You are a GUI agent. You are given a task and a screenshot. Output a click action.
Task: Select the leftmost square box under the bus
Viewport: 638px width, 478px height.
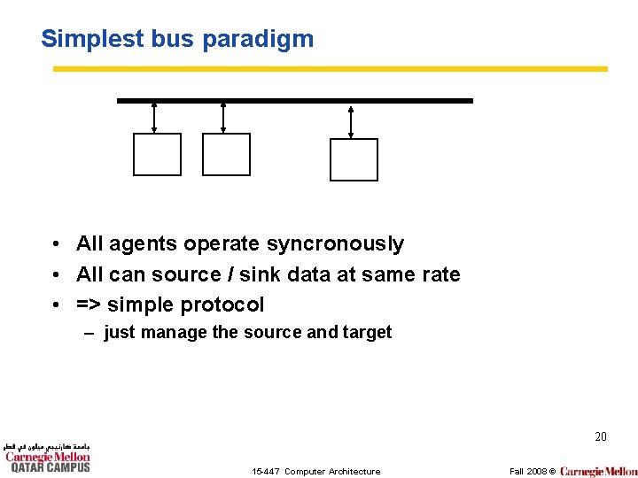coord(157,154)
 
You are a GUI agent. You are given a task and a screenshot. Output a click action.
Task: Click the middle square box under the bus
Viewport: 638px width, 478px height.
coord(226,154)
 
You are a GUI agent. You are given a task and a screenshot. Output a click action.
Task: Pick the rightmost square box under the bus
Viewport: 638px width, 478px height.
coord(354,159)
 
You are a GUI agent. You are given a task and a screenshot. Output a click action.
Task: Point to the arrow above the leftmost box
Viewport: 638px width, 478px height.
coord(154,118)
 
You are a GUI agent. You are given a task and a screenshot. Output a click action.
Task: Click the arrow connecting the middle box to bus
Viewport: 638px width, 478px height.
coord(223,118)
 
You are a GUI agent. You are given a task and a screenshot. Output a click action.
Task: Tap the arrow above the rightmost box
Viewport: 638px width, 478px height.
coord(351,121)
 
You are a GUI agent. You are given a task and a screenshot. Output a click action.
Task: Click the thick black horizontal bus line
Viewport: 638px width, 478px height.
coord(295,101)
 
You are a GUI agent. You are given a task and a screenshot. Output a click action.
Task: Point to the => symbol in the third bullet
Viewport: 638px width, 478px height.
coord(89,305)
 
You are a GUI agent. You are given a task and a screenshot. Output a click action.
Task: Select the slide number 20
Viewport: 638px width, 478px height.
coord(600,436)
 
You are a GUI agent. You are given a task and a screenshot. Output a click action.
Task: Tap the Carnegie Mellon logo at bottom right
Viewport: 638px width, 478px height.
coord(598,471)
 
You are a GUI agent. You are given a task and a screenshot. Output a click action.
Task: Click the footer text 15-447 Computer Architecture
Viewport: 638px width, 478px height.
coord(315,471)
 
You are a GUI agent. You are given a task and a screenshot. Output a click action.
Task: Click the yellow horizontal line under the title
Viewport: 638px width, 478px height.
coord(330,68)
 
